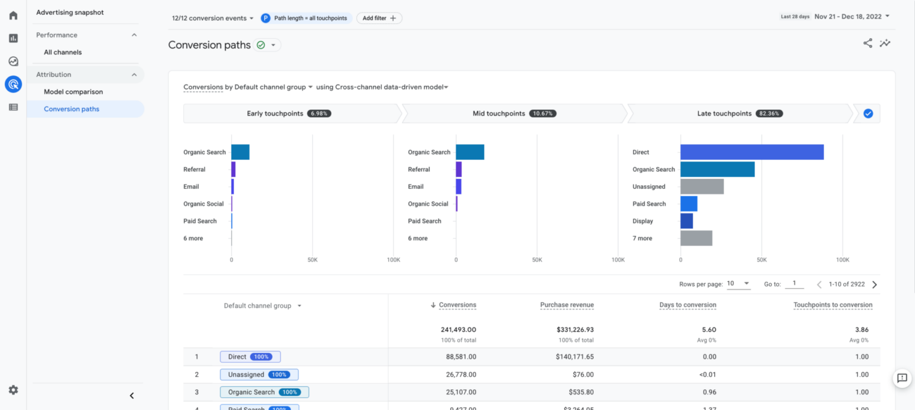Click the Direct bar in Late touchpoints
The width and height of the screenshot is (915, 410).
(x=752, y=152)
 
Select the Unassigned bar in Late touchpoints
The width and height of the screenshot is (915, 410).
(x=702, y=187)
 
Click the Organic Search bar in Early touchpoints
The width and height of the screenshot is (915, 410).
(x=240, y=152)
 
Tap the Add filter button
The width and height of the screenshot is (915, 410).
(x=379, y=18)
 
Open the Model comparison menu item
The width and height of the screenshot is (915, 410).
(x=73, y=92)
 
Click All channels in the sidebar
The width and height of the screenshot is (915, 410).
(x=63, y=52)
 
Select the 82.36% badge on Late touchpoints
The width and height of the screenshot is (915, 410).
(x=769, y=113)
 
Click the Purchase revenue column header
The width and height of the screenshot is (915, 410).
(x=567, y=305)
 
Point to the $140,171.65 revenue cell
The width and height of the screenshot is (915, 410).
(x=571, y=357)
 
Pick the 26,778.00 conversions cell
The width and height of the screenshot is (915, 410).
(x=457, y=375)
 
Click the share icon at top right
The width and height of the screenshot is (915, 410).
(x=867, y=43)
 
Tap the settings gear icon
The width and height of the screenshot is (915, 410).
(x=13, y=390)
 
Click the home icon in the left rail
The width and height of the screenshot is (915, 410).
(x=13, y=15)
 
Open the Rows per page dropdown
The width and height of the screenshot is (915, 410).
(x=739, y=284)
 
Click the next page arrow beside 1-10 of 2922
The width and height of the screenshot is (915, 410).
(x=874, y=285)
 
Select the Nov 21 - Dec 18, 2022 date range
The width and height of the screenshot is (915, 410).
(x=852, y=16)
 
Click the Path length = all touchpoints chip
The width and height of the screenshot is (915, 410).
(x=306, y=18)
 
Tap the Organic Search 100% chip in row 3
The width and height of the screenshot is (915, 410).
(x=264, y=392)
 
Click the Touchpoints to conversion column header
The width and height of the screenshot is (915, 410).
(x=832, y=305)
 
